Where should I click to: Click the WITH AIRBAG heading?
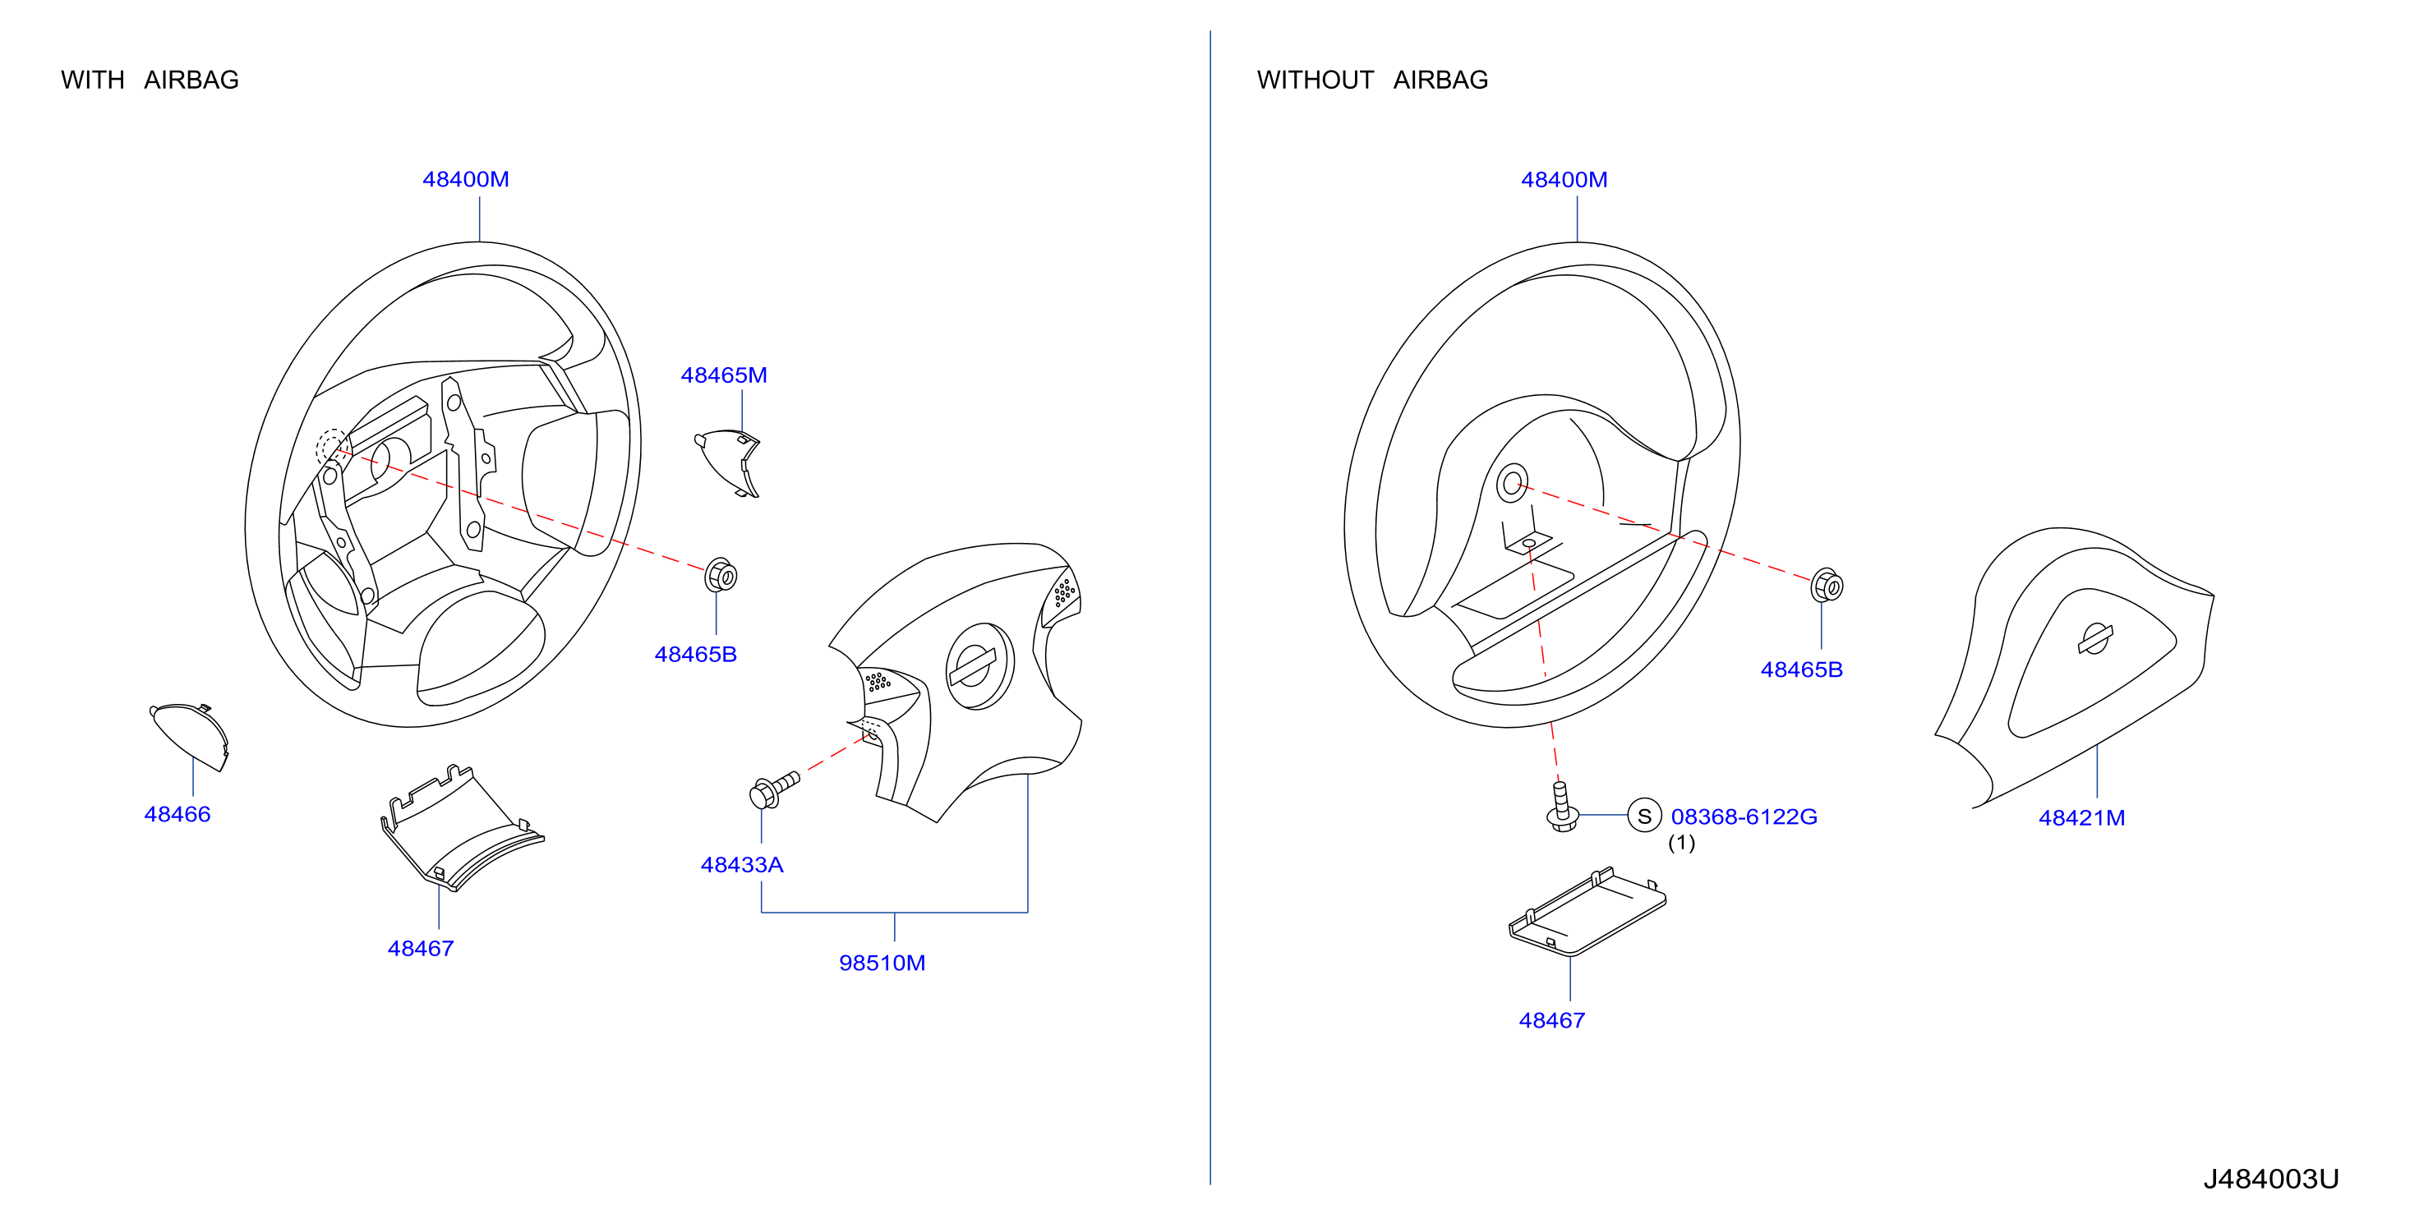point(150,80)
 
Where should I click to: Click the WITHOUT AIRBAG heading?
point(1372,80)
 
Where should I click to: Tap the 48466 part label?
point(177,814)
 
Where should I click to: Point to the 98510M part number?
point(882,963)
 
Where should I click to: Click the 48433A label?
point(742,865)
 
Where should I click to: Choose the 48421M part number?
point(2081,817)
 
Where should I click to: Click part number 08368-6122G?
point(1744,816)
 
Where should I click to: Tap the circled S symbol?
point(1644,816)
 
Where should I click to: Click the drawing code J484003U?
point(2271,1180)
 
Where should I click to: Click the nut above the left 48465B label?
point(721,575)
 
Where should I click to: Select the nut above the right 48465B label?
point(1827,586)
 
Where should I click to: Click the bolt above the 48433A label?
point(773,790)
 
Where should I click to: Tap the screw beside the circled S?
point(1561,807)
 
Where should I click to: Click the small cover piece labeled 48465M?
point(728,462)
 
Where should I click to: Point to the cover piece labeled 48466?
point(190,735)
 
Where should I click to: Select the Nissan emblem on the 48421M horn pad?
point(2094,639)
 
